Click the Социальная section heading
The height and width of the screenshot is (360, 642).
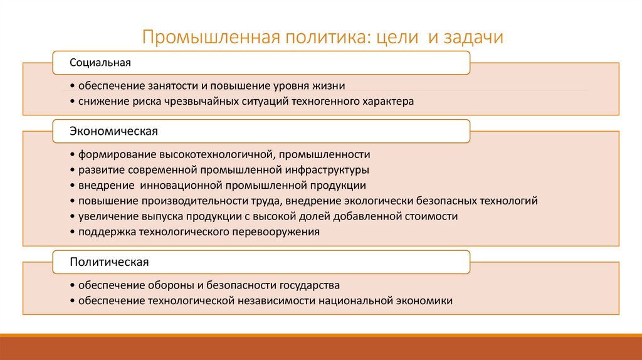[x=100, y=63]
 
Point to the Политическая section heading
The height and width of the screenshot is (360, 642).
[x=109, y=261]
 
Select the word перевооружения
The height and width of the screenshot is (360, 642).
[x=276, y=231]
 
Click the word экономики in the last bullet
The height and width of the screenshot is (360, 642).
[x=424, y=300]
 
